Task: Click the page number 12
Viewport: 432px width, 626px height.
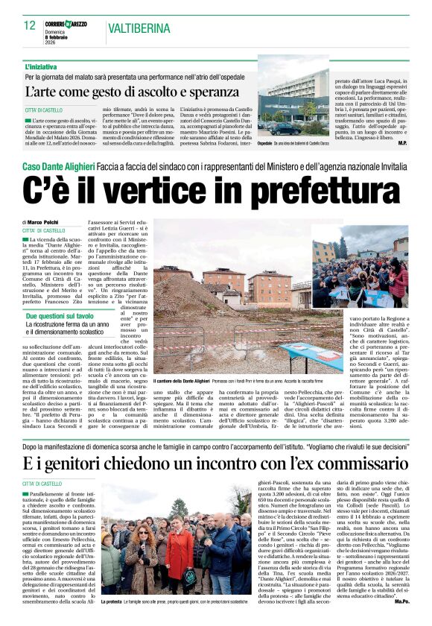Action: (x=30, y=25)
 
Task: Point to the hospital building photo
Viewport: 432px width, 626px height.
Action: (x=293, y=104)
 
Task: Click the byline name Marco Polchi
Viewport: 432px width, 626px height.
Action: (x=45, y=222)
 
